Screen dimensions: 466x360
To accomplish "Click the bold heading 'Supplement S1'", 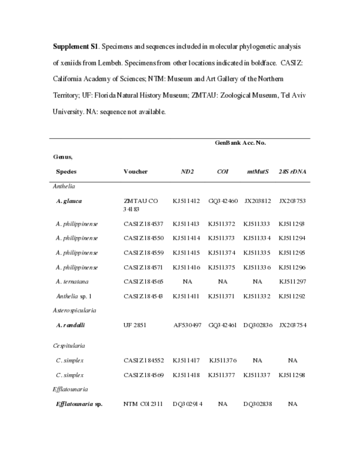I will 74,46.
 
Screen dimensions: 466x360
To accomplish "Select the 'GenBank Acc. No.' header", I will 241,143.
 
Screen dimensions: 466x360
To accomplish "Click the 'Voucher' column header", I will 135,171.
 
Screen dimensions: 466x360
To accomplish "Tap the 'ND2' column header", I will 187,171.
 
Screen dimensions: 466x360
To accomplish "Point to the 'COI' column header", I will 222,171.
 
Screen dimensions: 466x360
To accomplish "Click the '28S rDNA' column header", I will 292,171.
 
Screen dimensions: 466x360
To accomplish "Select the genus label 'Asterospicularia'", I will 76,310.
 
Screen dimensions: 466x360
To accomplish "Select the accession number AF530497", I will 188,325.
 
